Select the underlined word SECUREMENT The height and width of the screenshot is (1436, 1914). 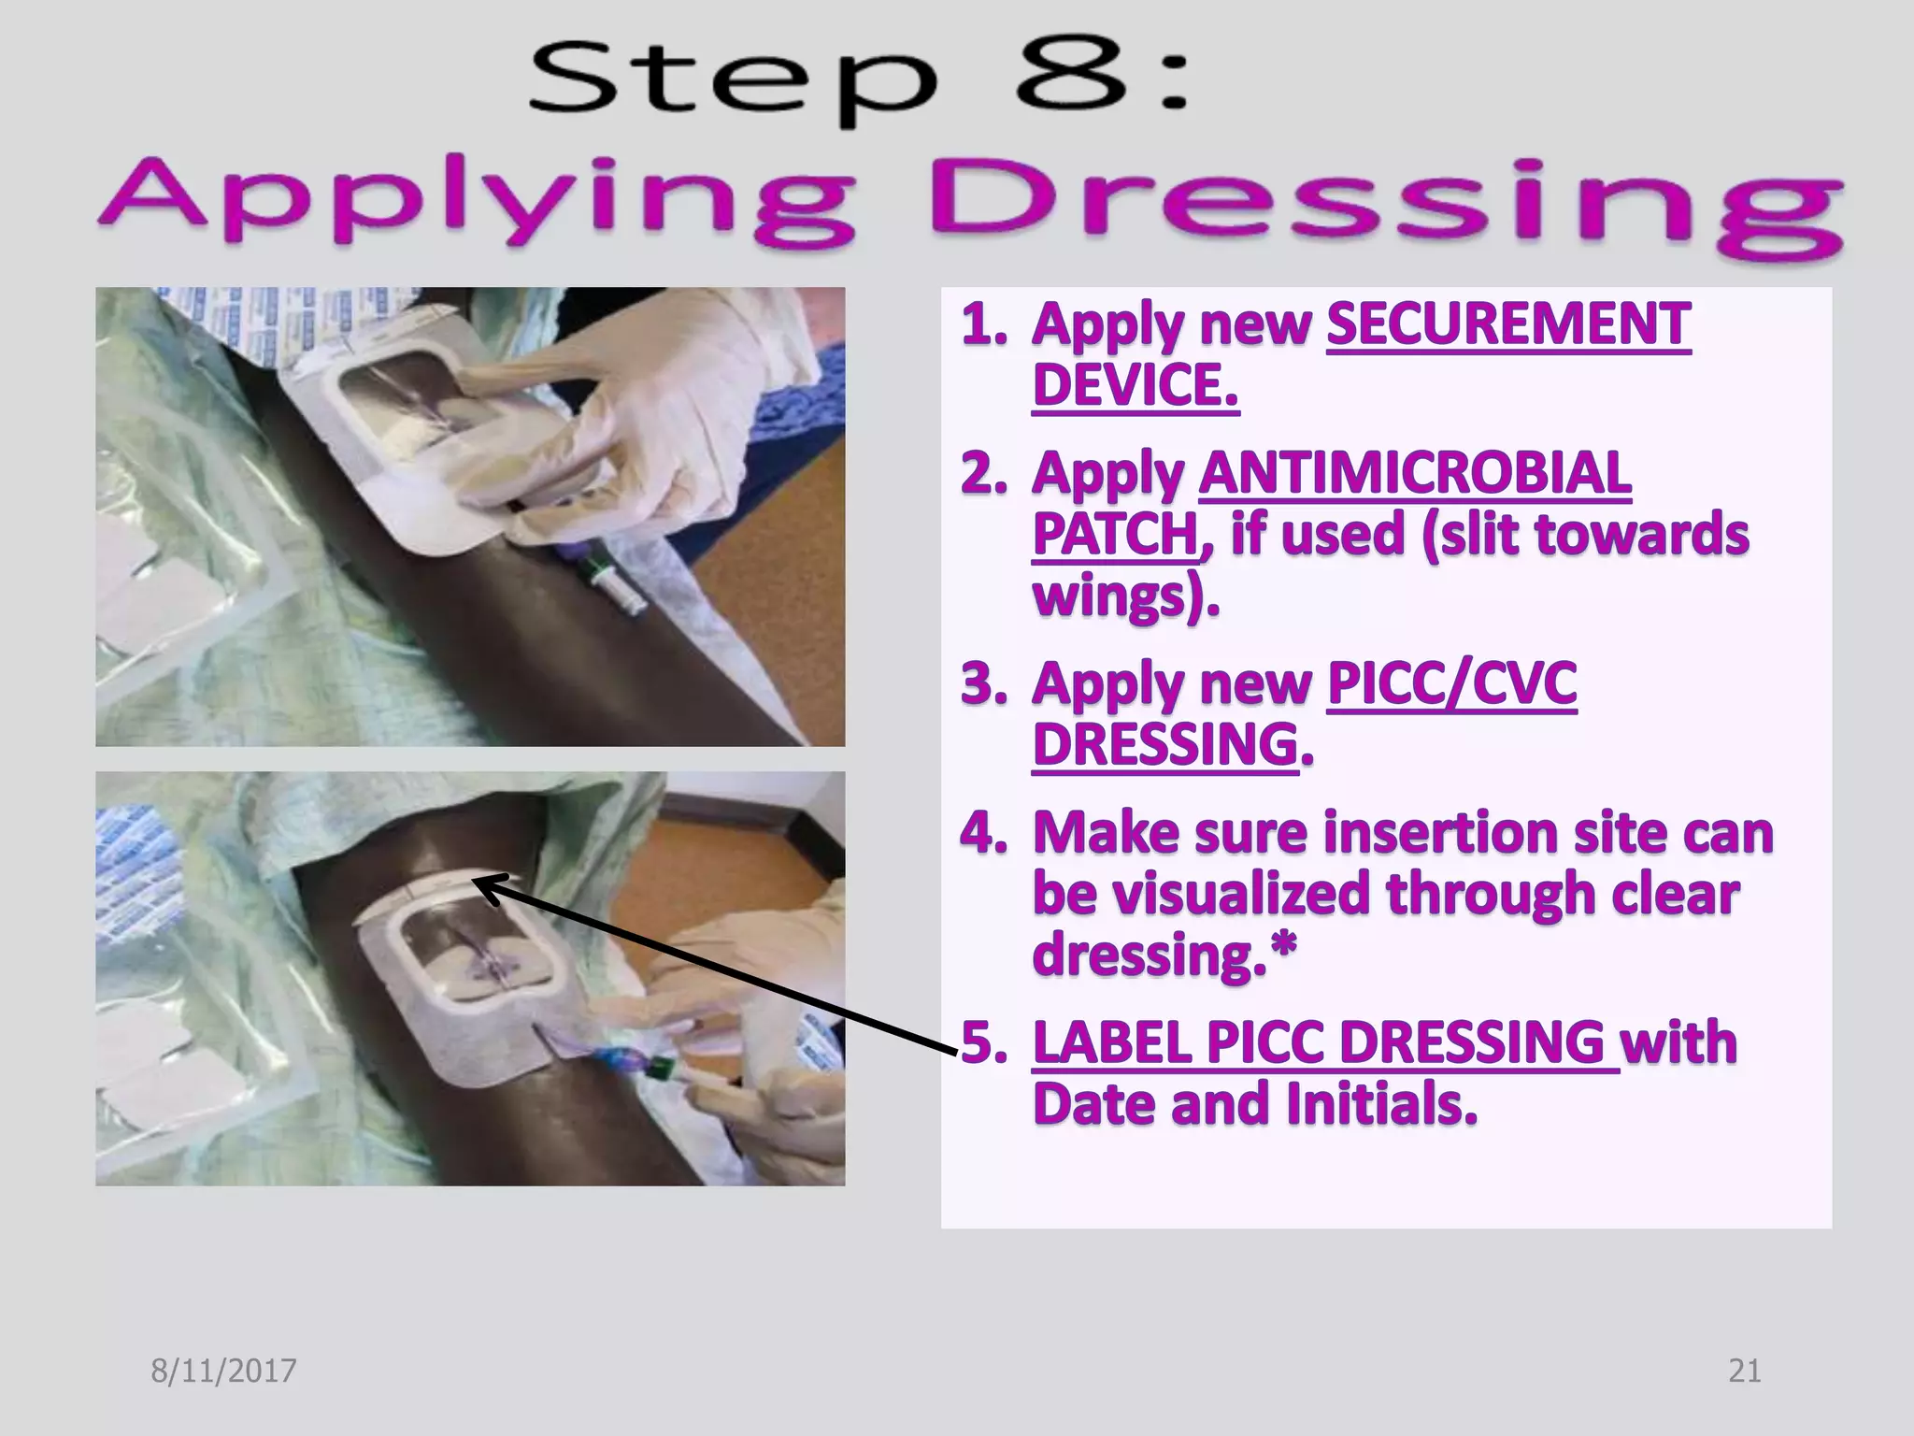coord(1508,325)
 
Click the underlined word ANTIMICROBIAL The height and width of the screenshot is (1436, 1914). coord(1415,473)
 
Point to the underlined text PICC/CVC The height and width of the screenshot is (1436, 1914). coord(1451,683)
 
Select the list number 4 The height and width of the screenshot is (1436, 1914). coord(980,832)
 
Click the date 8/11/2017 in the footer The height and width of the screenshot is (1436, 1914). coord(223,1371)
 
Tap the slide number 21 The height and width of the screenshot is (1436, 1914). coord(1744,1371)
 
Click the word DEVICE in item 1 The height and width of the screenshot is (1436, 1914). coord(1135,385)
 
